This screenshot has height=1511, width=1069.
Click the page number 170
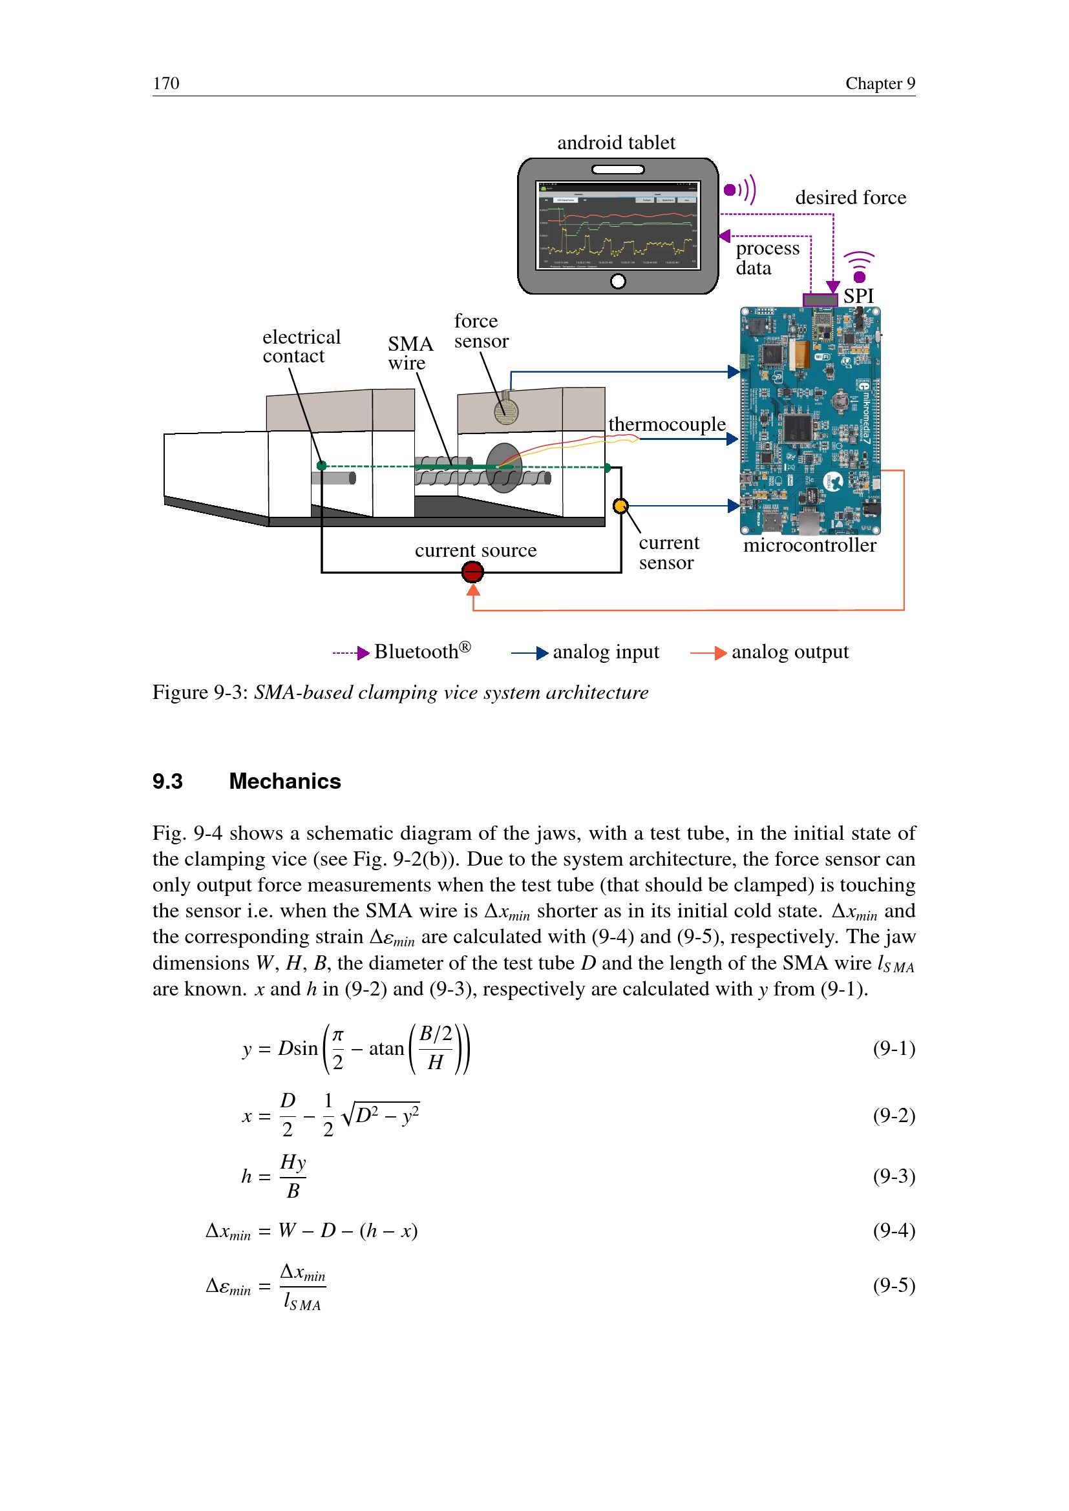166,83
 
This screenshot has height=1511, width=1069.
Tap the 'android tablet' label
615,143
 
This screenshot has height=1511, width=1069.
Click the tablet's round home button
617,282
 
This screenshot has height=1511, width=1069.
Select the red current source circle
472,572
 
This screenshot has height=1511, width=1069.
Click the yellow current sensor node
620,506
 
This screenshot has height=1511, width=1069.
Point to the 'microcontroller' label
809,546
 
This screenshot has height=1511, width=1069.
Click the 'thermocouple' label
666,424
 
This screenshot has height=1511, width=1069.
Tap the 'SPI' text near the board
858,296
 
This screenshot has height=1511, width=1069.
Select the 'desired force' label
850,198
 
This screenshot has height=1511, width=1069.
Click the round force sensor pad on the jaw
505,412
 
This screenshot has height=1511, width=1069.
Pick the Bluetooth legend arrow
352,653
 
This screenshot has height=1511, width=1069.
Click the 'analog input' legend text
605,652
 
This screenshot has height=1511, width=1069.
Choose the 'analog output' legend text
789,652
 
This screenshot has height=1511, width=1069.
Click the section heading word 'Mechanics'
284,781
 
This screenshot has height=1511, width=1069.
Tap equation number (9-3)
893,1175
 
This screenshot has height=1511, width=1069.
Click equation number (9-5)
893,1285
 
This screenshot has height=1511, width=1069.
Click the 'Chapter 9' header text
880,83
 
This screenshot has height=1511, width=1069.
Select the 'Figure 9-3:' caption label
200,693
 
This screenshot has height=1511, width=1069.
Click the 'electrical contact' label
301,346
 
